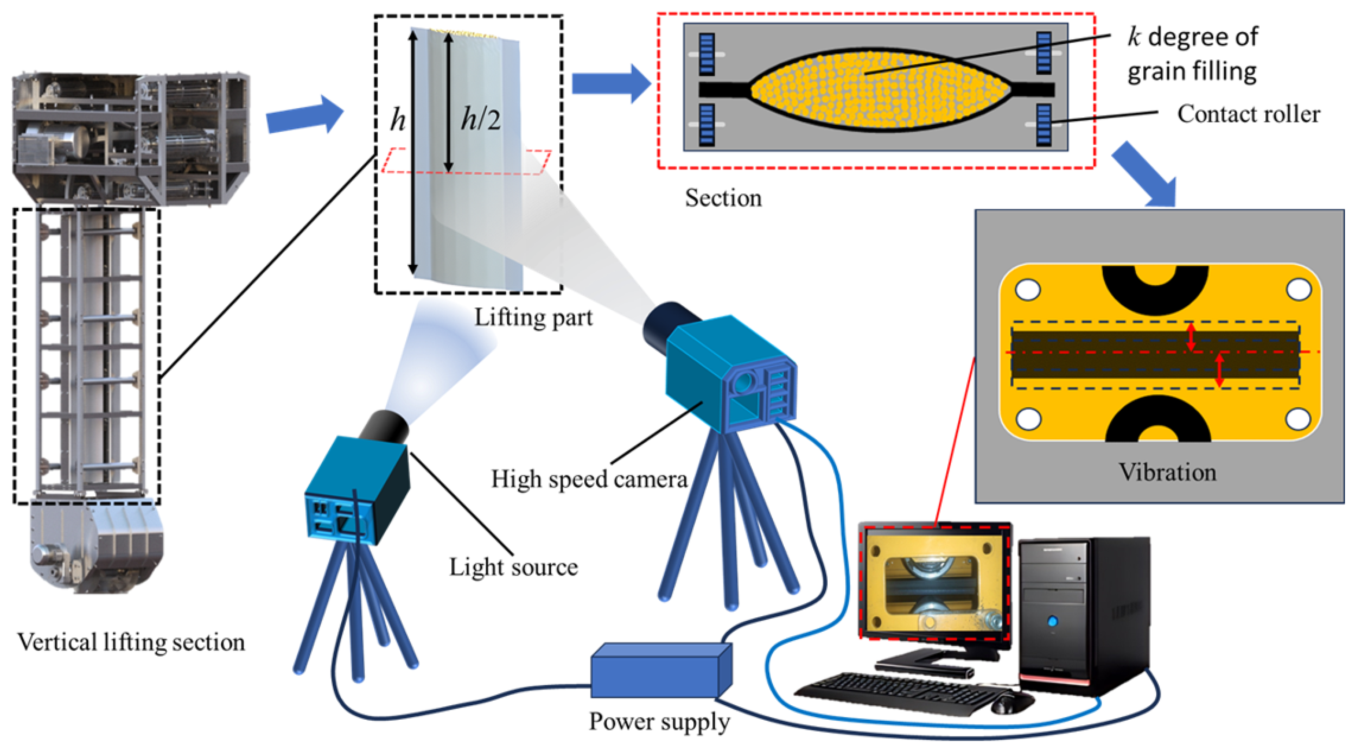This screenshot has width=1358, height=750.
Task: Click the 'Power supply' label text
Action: click(659, 721)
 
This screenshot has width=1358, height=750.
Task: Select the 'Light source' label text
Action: click(513, 567)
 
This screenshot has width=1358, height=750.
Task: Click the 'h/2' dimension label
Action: click(480, 119)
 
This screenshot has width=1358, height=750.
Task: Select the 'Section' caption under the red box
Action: click(723, 198)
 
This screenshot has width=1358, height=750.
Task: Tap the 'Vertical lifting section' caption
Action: click(131, 642)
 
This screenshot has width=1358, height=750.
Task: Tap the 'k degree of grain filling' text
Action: click(1192, 54)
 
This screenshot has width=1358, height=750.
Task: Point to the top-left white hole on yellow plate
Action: click(1028, 289)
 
